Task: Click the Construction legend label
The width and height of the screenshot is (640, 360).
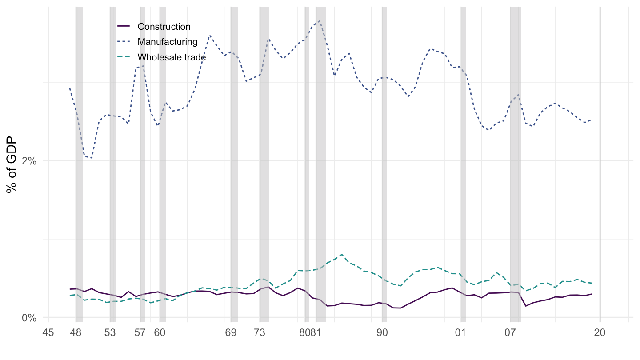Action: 164,27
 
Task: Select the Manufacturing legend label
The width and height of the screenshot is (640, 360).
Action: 168,42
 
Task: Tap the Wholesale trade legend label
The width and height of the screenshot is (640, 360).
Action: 172,57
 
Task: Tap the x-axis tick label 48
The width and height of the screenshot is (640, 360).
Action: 76,333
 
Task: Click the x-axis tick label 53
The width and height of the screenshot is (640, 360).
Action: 110,333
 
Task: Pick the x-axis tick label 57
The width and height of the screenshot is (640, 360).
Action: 140,333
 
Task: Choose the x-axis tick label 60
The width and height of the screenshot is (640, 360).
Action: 160,333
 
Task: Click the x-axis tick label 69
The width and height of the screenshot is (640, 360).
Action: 231,333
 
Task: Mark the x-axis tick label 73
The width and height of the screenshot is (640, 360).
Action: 260,333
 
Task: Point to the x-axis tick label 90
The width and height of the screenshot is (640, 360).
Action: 382,333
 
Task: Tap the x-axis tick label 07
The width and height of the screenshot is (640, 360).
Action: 510,333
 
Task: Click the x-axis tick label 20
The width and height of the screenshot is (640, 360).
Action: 600,333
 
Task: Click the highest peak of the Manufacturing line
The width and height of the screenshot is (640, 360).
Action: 320,20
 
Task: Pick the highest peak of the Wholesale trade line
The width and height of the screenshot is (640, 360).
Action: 341,255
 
